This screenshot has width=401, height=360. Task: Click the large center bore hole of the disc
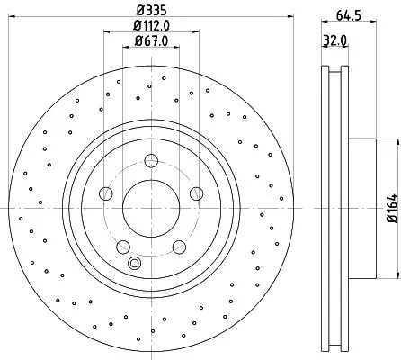(x=149, y=208)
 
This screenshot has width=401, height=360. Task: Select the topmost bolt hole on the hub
(x=150, y=162)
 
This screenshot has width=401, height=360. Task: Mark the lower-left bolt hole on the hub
(x=121, y=246)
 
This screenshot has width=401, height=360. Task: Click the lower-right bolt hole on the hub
(x=178, y=246)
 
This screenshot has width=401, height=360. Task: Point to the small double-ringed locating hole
(x=135, y=263)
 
